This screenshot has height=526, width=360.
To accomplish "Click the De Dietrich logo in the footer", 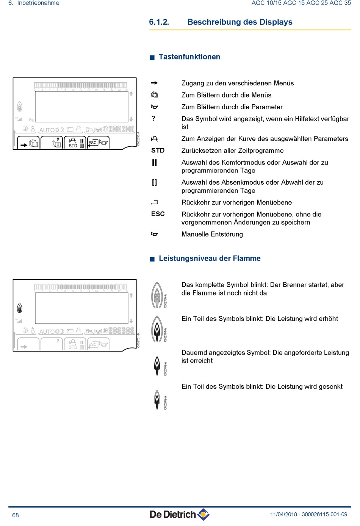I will (x=180, y=514).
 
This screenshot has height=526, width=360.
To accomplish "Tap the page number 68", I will (x=16, y=515).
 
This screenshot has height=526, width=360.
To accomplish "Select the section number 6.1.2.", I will (x=159, y=22).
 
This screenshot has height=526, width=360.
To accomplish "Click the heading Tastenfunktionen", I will (x=189, y=57).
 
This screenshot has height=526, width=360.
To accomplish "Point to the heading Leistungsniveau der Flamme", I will (x=210, y=258).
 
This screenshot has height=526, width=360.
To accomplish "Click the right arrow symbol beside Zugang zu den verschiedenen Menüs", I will (x=154, y=83).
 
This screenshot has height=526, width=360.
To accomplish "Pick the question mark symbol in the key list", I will (x=153, y=118).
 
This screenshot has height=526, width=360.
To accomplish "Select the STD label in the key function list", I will (x=158, y=151).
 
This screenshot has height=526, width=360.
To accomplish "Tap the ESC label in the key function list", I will (x=158, y=214).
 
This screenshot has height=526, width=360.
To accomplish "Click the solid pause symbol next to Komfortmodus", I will (x=154, y=163).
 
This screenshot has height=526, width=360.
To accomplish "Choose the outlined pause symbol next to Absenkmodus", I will (x=154, y=183).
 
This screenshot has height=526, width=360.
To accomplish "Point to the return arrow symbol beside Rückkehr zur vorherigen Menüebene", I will (x=154, y=203).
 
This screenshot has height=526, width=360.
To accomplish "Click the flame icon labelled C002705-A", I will (x=157, y=295).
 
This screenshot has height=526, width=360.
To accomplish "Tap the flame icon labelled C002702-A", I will (x=157, y=400).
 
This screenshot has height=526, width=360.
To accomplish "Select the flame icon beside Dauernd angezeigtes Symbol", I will (x=157, y=366).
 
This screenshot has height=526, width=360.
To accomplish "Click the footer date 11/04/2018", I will (x=283, y=515).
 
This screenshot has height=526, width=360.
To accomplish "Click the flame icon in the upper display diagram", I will (x=20, y=107).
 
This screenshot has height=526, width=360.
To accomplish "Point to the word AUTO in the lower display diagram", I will (x=47, y=331).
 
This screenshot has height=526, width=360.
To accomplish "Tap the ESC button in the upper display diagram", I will (x=92, y=143).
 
